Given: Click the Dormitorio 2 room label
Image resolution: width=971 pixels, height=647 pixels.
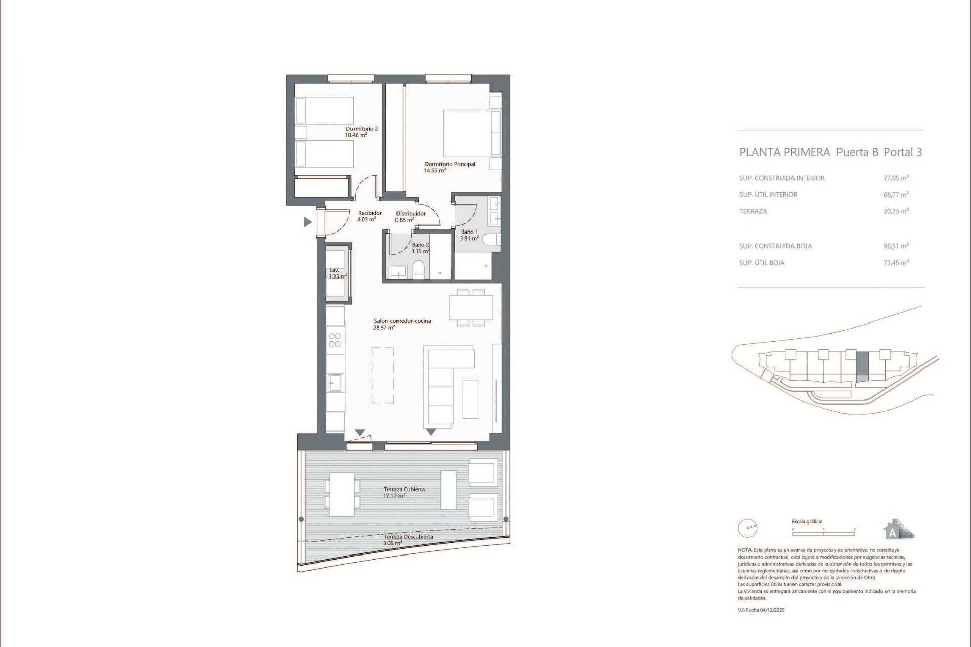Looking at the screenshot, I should point(362,129).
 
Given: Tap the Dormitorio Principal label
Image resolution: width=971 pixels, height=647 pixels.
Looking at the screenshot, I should point(450,164).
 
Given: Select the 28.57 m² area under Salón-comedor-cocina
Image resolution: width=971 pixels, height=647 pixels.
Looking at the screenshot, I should point(384,328).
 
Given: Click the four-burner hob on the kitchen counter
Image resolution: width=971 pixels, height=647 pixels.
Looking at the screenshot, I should point(335,340).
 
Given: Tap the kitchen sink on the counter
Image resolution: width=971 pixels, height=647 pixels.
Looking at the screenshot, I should point(335,383).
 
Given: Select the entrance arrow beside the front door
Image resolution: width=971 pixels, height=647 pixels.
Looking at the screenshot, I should point(307,222).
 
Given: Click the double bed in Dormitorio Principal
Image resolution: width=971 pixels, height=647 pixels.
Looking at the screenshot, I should point(471,133).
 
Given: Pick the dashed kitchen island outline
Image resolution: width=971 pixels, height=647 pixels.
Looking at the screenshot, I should point(383,375).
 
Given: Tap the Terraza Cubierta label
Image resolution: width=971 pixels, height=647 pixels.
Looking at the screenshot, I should point(404,489).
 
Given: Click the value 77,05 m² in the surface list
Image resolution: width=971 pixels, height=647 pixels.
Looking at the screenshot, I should point(896,178).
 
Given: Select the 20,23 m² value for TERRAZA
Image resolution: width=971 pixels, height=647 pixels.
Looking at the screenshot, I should point(896,211).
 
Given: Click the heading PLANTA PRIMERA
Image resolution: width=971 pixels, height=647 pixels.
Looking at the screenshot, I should point(784,152).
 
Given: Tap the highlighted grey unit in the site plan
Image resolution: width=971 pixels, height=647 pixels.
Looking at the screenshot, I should point(862,366).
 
